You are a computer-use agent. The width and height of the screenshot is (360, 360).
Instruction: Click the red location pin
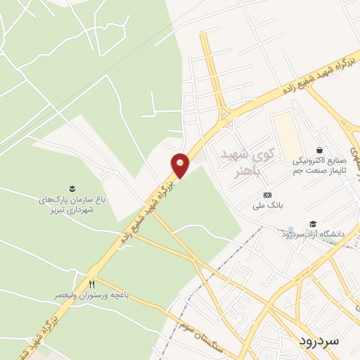[x=180, y=165]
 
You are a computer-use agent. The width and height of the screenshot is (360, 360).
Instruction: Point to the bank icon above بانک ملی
[x=266, y=195]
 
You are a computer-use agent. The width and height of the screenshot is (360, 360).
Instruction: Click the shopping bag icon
[x=319, y=150]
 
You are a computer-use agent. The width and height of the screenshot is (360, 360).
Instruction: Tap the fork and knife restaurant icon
[x=91, y=283]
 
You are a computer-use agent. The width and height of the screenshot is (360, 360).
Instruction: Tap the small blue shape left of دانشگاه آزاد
[x=291, y=231]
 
